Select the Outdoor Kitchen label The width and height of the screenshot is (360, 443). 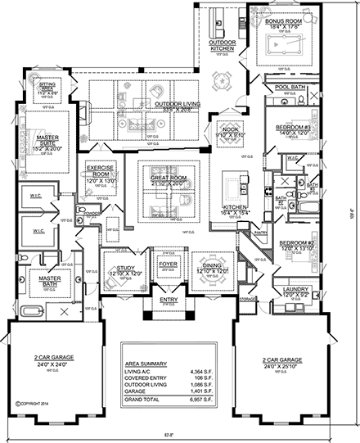pos(221,45)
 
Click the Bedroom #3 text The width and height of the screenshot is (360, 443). pos(292,128)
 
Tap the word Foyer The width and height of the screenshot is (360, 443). pos(168,264)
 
